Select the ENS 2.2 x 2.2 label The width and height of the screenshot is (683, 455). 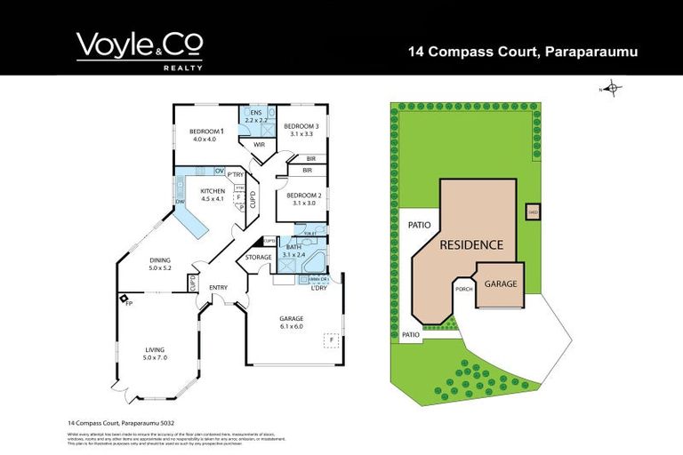pos(256,116)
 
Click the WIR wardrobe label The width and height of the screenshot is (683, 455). pos(260,144)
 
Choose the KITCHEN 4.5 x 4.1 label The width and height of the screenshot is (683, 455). pos(213,196)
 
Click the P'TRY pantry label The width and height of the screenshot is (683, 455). pos(236,174)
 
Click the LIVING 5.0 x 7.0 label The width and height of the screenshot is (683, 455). pos(155,354)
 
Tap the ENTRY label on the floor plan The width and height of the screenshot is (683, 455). pos(218,288)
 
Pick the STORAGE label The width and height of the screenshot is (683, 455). pos(259,258)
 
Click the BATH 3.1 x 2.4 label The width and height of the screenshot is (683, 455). pos(293,251)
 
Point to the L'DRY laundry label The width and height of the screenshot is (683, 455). pos(320,287)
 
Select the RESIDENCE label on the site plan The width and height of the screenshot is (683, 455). pos(471,244)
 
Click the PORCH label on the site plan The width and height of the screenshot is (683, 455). pos(463,288)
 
